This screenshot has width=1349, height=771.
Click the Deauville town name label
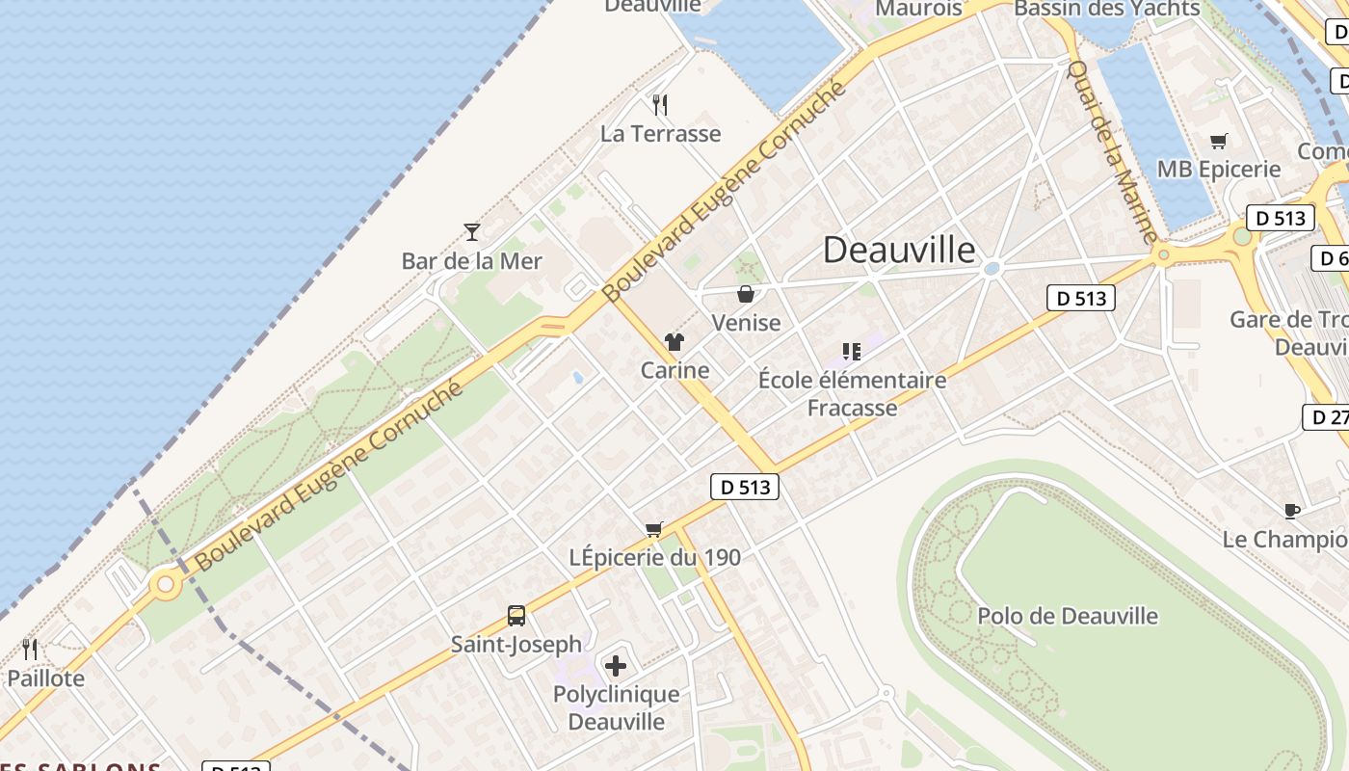click(x=898, y=250)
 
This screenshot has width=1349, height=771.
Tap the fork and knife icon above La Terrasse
click(x=660, y=104)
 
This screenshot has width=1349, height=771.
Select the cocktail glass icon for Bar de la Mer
click(x=471, y=231)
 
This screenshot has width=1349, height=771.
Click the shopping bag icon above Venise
click(x=745, y=293)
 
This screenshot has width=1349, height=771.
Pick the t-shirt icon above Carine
click(x=674, y=341)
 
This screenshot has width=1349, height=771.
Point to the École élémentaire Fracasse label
click(x=852, y=393)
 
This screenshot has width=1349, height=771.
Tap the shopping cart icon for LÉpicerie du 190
click(x=654, y=528)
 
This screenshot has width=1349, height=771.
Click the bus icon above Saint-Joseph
click(x=516, y=615)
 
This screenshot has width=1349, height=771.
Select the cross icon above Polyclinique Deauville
click(x=616, y=665)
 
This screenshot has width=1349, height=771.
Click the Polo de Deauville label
click(x=1068, y=616)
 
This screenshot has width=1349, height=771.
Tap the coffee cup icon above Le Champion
click(x=1291, y=510)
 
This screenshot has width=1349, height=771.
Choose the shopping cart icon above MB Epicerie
click(x=1218, y=141)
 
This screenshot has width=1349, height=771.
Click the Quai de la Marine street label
click(x=1113, y=151)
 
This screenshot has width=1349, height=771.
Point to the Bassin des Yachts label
click(x=1107, y=9)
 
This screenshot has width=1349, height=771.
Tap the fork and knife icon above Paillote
click(x=30, y=649)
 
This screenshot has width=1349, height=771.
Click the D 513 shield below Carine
click(x=745, y=487)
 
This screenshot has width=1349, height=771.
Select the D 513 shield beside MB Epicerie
click(x=1281, y=218)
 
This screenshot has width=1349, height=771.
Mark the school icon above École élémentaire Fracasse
click(x=851, y=351)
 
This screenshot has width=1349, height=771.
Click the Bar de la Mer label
click(x=471, y=261)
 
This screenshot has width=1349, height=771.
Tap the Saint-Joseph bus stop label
click(x=516, y=644)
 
